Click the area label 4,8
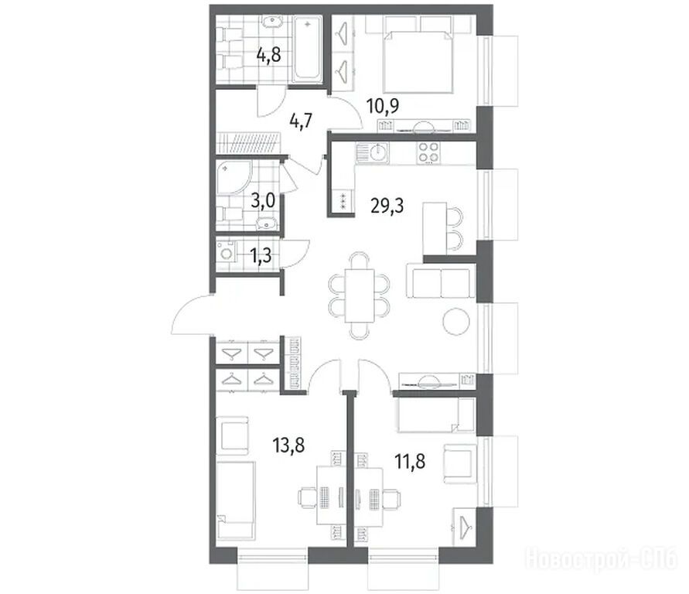point(269,56)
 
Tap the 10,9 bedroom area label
point(383,106)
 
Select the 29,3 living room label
point(387,205)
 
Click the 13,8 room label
point(288,445)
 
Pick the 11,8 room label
point(410,462)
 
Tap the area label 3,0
point(263,201)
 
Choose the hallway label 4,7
point(301,121)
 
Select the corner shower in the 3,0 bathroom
point(233,176)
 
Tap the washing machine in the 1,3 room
point(227,254)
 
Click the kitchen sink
point(372,153)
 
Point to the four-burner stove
point(428,153)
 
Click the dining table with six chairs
point(360,295)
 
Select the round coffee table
point(456,322)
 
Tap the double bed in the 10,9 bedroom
point(418,62)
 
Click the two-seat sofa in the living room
point(441,282)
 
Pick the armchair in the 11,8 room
point(460,464)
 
